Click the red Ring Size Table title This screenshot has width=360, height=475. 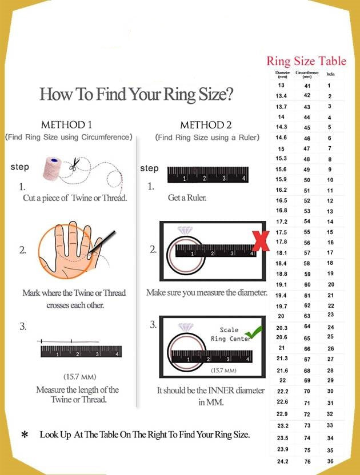click(x=306, y=61)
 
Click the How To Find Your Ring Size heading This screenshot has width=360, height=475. click(x=136, y=94)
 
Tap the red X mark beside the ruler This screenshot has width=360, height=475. click(x=261, y=241)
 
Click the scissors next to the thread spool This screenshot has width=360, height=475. click(x=74, y=166)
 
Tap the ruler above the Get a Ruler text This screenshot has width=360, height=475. click(x=208, y=175)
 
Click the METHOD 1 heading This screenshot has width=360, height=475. click(x=66, y=124)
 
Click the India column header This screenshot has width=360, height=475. click(x=330, y=74)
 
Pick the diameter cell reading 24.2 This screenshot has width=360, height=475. click(x=282, y=461)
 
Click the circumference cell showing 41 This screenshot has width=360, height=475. click(x=307, y=85)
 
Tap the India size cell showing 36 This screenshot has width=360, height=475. click(x=330, y=461)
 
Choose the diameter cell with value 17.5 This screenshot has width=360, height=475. click(x=281, y=232)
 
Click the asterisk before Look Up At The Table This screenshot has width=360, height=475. click(x=25, y=436)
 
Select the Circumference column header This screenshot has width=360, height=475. click(x=307, y=74)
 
